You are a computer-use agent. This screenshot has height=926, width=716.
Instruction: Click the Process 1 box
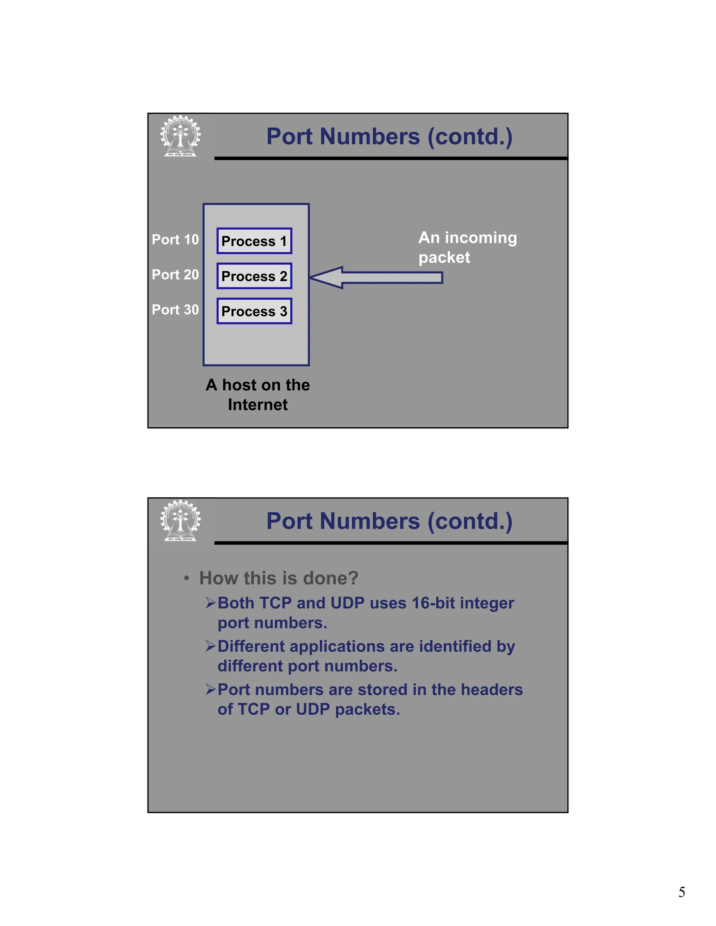[x=254, y=241]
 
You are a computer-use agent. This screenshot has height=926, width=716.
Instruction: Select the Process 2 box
[x=254, y=276]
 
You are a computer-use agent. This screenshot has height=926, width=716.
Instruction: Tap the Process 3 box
[x=254, y=311]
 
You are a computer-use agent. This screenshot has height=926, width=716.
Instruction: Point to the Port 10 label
[x=175, y=240]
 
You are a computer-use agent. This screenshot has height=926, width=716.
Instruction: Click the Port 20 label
[x=175, y=275]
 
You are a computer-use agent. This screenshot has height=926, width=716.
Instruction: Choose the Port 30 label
[x=175, y=310]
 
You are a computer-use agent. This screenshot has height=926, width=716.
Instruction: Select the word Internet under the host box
[x=257, y=405]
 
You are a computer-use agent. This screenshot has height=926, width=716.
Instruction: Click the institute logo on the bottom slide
[x=181, y=521]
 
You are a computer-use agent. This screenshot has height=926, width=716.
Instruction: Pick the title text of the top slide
[x=389, y=137]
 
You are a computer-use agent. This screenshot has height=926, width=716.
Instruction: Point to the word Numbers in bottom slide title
[x=370, y=521]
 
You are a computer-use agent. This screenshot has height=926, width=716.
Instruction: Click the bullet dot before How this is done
[x=186, y=578]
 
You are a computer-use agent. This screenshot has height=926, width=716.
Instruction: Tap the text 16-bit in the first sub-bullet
[x=435, y=603]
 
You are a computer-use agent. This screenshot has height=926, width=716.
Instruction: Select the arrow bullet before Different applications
[x=211, y=646]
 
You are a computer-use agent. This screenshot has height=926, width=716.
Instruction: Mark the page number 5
[x=682, y=892]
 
